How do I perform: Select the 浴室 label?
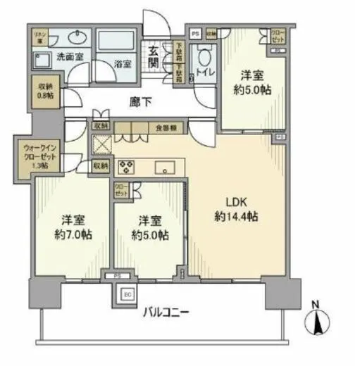pos(123,63)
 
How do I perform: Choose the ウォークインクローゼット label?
pos(36,156)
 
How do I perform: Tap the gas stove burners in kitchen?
pos(128,167)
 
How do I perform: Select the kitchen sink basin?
pos(167,167)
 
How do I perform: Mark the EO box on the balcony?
pos(128,295)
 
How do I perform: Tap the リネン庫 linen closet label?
pos(41,35)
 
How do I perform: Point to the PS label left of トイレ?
pos(194,32)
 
